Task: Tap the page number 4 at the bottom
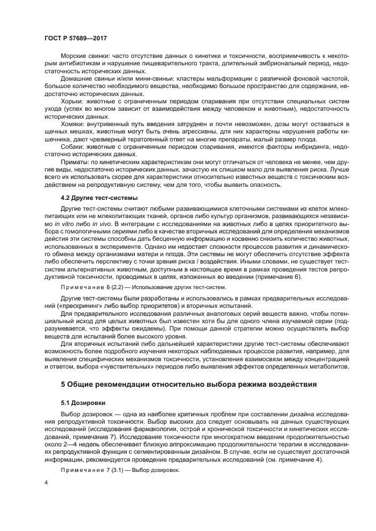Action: click(x=47, y=483)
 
